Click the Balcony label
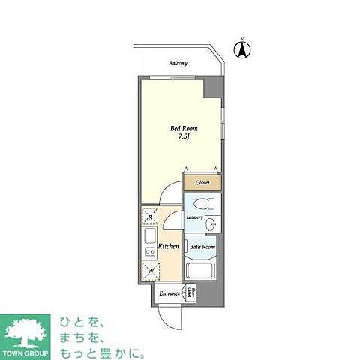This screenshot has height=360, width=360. pos(178,63)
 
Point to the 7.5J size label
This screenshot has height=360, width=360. pos(182,137)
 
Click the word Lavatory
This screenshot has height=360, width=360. pos(195,218)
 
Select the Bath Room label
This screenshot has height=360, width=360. pos(202,246)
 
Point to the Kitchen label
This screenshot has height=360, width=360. pos(167,246)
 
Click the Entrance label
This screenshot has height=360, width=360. pos(169,293)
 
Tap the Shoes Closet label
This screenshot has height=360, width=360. pos(191,292)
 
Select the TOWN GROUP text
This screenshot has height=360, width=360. pos(27,352)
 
